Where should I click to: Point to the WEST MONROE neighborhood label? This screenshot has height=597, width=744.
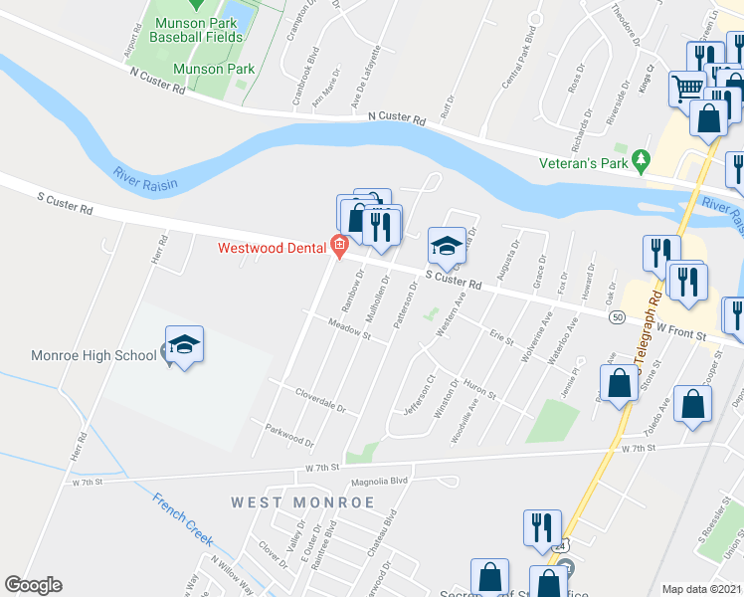click(303, 502)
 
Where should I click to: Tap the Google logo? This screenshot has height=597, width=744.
click(33, 585)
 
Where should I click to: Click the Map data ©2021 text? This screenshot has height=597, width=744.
click(702, 589)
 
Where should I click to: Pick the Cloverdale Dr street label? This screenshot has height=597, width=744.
click(320, 401)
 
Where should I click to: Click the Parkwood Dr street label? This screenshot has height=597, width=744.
click(289, 435)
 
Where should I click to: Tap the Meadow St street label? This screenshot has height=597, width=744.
click(349, 329)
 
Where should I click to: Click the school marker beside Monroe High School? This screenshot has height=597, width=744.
click(185, 344)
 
